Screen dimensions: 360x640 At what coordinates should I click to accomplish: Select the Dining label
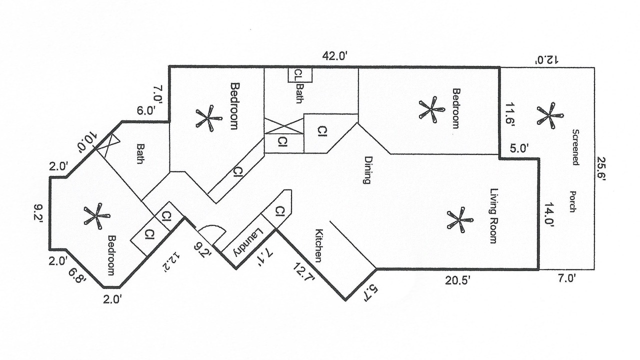tap(368, 170)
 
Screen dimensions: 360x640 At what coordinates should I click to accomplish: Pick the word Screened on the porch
tap(575, 147)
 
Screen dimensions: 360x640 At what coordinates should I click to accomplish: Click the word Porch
tap(573, 201)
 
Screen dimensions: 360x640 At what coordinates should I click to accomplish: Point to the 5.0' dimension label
tap(519, 148)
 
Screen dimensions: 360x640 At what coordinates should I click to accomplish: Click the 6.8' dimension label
tap(78, 276)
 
